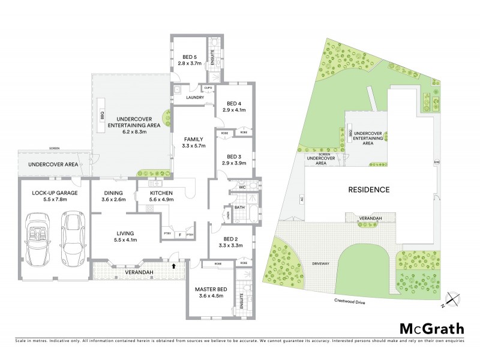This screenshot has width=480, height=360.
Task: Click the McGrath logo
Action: [431, 328]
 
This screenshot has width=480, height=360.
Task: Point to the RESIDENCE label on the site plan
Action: [369, 190]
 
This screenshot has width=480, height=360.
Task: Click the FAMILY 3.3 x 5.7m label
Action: [193, 142]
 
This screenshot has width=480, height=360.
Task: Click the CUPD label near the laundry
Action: [208, 88]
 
